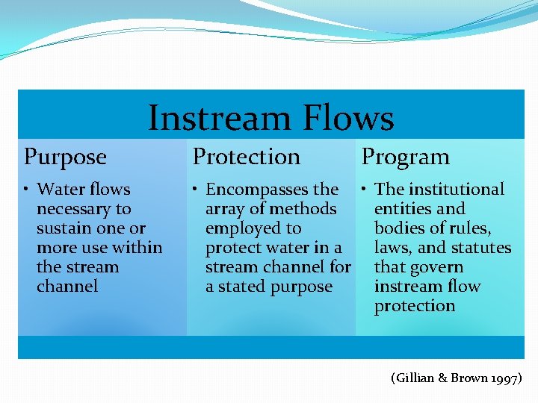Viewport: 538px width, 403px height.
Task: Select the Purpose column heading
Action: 66,157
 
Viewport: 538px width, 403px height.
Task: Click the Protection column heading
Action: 247,157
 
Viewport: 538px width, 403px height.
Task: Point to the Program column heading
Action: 406,157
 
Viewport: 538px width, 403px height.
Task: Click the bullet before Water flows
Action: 27,190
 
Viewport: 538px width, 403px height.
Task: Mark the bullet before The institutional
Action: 362,190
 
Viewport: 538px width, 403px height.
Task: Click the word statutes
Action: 481,248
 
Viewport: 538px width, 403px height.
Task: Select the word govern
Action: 437,267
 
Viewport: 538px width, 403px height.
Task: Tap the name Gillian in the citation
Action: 413,378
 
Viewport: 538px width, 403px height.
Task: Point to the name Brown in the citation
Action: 468,378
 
